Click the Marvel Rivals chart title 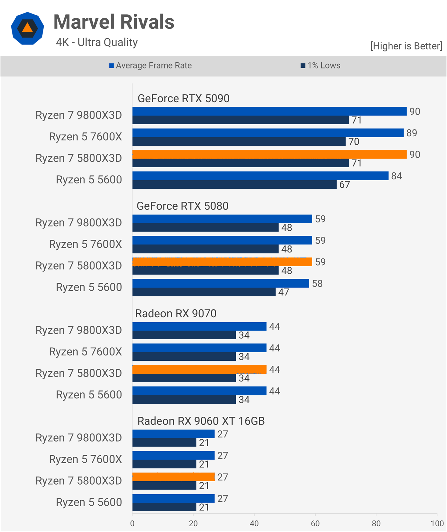coord(114,22)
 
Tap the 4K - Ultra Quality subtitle coord(97,42)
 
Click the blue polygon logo coord(27,28)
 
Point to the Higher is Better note coord(406,46)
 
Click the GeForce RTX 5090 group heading coord(183,99)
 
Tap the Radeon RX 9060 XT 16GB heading coord(201,421)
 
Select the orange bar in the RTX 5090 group coord(269,154)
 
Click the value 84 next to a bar coord(396,176)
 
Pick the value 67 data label coord(344,185)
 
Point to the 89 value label coord(412,133)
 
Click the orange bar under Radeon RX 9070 coord(199,369)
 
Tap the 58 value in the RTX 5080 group coord(317,284)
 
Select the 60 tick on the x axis coord(315,523)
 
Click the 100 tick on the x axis coord(437,523)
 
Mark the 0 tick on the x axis coord(132,523)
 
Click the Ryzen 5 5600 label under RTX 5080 coord(89,287)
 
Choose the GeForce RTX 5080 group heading coord(182,206)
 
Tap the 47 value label coord(284,292)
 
